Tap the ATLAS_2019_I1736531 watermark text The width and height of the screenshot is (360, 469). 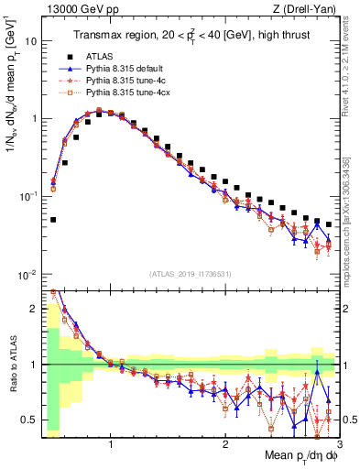pos(189,273)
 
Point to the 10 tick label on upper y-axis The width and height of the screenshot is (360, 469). pos(30,42)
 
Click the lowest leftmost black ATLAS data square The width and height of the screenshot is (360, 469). pos(53,220)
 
